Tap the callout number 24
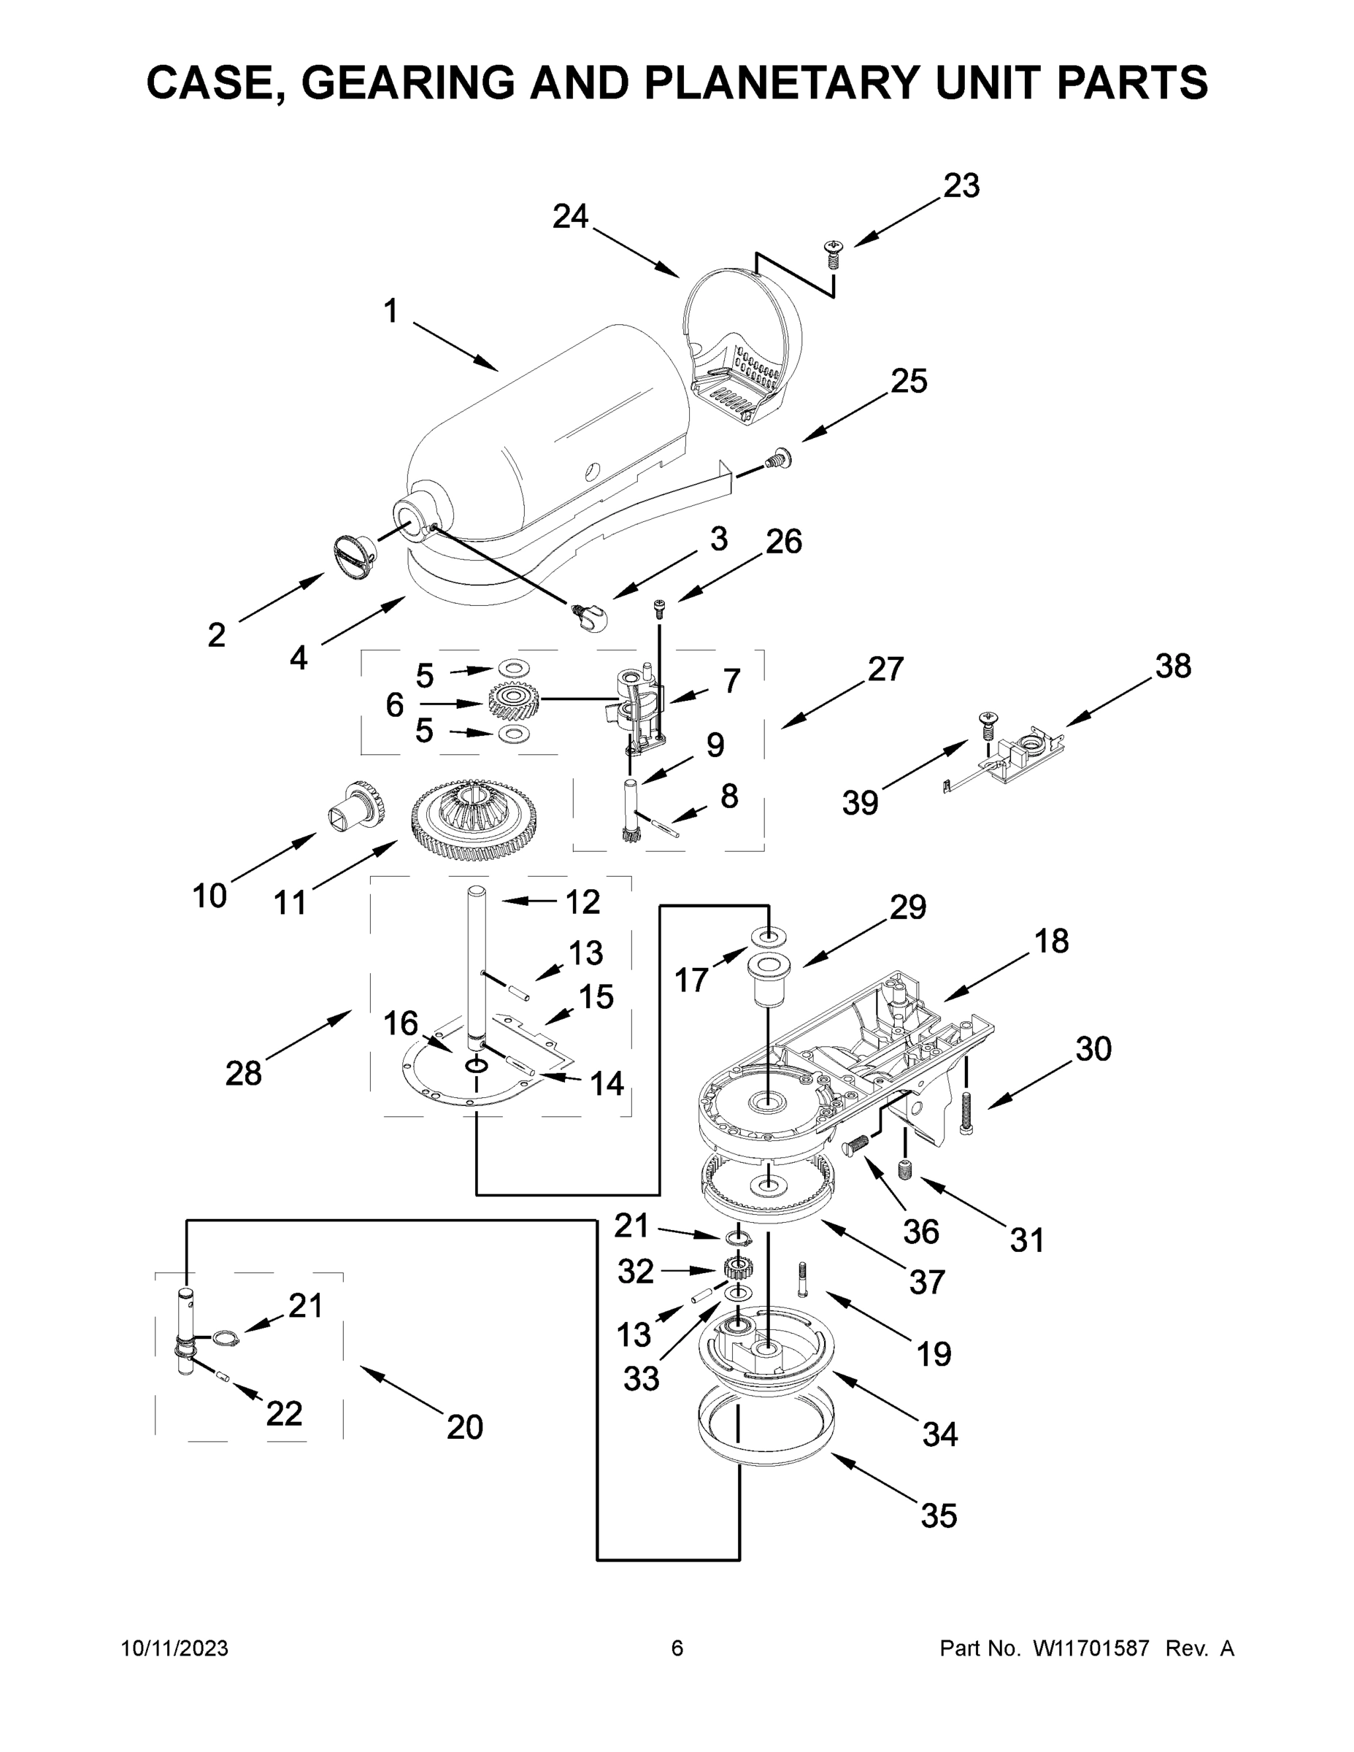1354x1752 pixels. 570,217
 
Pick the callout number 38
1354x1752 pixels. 1173,666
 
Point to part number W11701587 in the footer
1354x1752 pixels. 1091,1648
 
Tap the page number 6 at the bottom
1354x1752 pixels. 677,1648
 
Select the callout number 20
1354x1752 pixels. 464,1427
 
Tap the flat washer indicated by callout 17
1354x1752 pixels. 769,935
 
